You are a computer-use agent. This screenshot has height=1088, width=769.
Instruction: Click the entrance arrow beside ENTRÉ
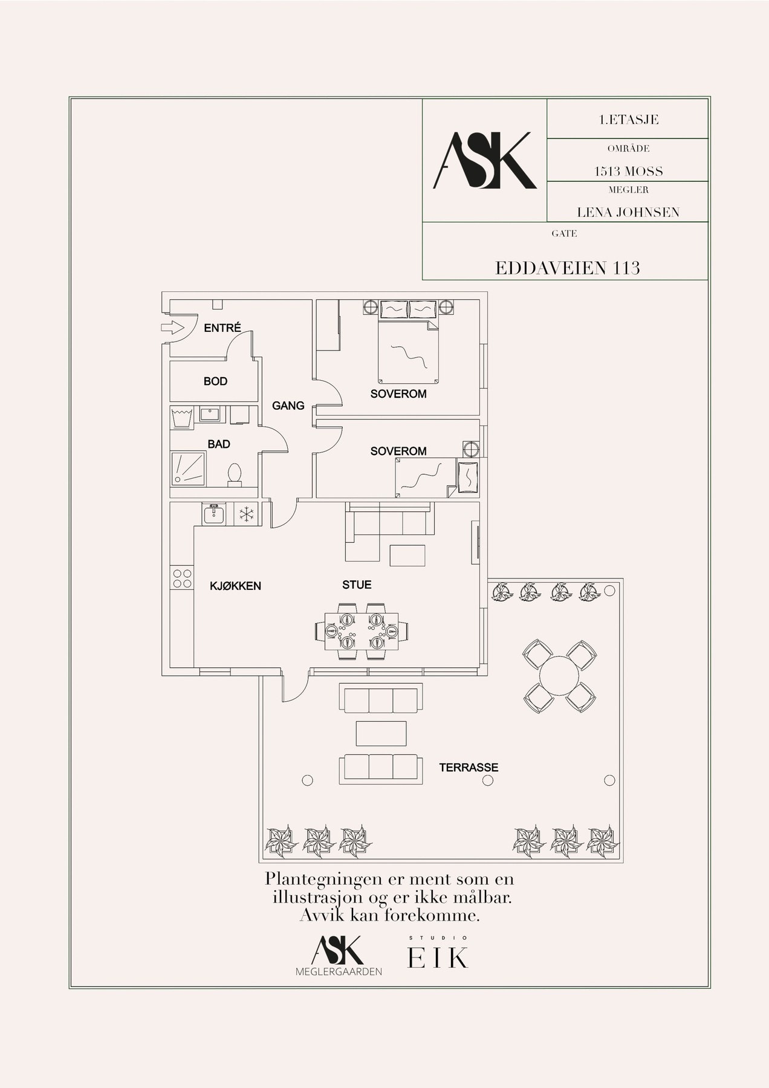click(x=174, y=328)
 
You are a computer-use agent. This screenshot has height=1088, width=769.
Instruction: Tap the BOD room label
click(x=215, y=381)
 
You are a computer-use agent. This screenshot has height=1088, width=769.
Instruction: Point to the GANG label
click(x=288, y=406)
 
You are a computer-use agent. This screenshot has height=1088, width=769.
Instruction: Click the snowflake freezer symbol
click(x=245, y=514)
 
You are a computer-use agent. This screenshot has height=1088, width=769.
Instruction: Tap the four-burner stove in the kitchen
click(x=181, y=578)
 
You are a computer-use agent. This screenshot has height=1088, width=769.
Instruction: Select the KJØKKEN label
click(x=235, y=585)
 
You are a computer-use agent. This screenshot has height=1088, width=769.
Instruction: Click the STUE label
click(x=357, y=584)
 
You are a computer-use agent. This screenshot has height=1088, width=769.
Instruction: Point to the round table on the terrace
click(x=560, y=676)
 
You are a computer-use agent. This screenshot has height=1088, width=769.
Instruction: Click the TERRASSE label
click(x=469, y=768)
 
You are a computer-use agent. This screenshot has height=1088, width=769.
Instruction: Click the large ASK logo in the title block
click(x=485, y=160)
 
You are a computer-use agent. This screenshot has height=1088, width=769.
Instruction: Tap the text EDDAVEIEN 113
click(x=568, y=268)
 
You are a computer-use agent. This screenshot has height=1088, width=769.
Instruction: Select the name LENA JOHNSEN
click(x=628, y=212)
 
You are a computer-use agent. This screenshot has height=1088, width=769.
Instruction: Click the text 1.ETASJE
click(x=628, y=120)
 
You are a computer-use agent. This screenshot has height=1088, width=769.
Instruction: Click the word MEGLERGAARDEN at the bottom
click(x=339, y=971)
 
